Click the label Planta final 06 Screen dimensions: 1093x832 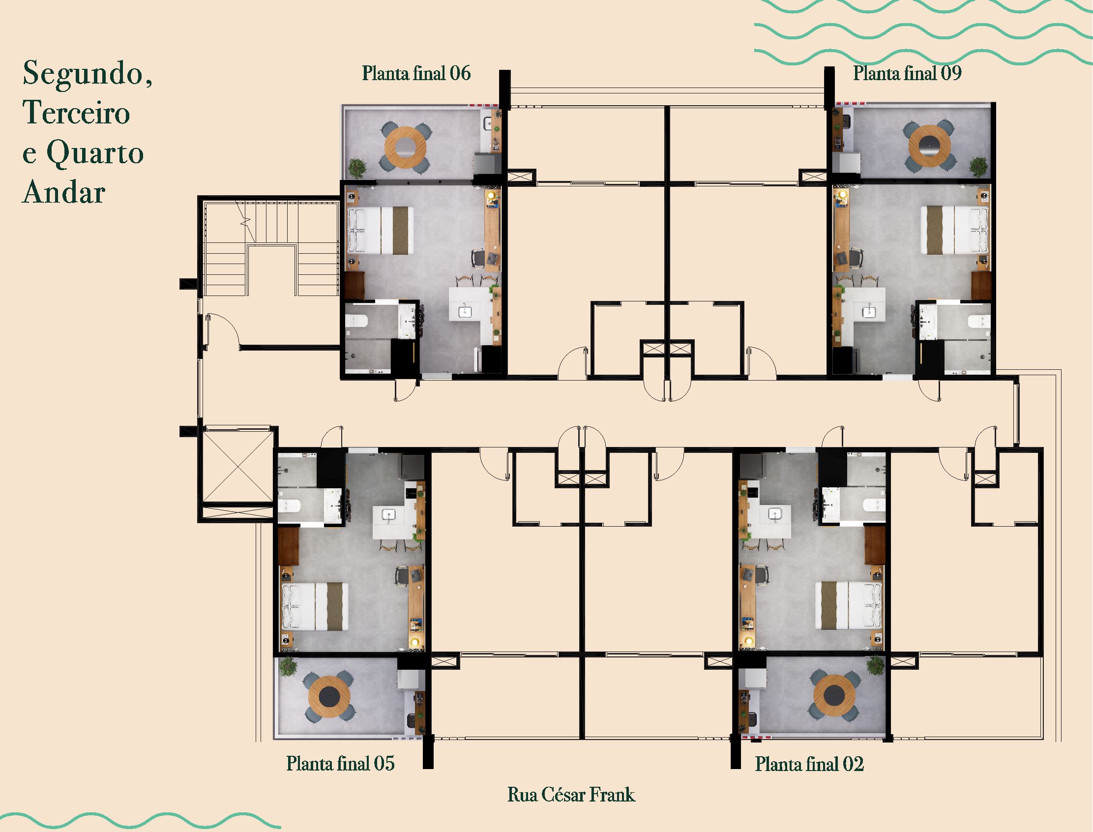[416, 74]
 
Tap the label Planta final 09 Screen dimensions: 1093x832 [907, 73]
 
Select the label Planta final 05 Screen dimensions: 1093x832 [340, 763]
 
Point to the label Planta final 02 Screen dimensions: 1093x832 [809, 764]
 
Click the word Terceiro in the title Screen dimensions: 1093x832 [76, 113]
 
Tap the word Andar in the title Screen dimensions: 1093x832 [64, 192]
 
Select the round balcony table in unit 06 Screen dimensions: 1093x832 [405, 147]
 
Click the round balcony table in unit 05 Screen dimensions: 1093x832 [329, 697]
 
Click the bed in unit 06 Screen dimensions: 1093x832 [381, 231]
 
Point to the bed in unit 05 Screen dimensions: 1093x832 [315, 606]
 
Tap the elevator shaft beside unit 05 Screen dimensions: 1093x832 [237, 466]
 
